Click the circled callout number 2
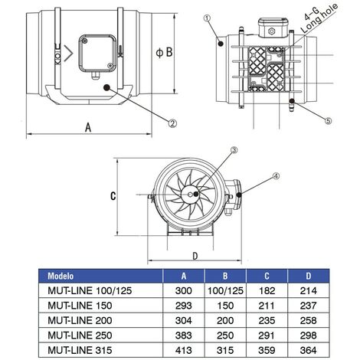pos(173,123)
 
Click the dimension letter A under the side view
pos(86,129)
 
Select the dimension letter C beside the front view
pos(112,195)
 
